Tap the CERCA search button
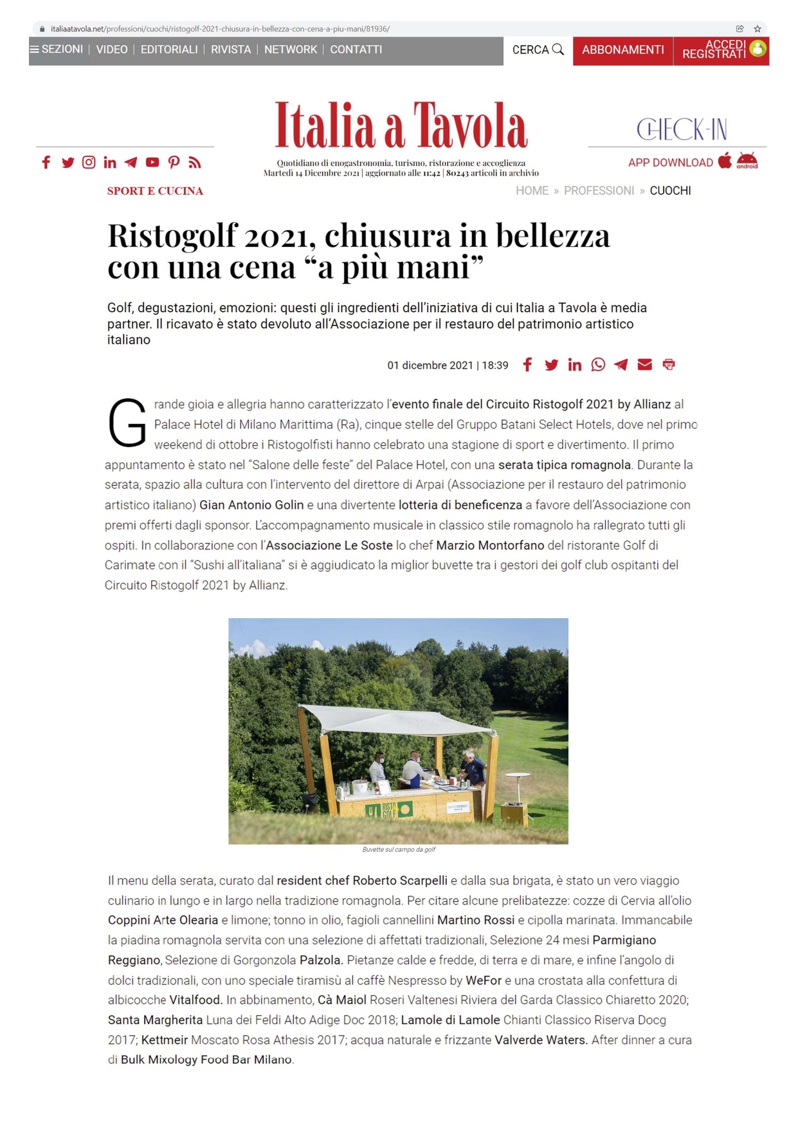pos(538,50)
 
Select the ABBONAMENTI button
pos(622,50)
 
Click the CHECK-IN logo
pos(682,129)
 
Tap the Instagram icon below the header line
pos(89,162)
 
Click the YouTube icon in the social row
pos(152,162)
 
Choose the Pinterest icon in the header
pos(174,162)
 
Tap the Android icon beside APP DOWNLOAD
pos(747,161)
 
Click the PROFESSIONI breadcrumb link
pos(599,190)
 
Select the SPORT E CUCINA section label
pos(155,191)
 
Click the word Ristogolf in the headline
pos(172,235)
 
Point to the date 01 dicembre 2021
pos(430,365)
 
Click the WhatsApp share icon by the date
pos(598,365)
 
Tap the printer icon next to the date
pos(669,365)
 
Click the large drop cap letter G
pos(127,423)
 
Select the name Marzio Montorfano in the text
pos(490,546)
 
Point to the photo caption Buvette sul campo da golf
pos(399,849)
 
